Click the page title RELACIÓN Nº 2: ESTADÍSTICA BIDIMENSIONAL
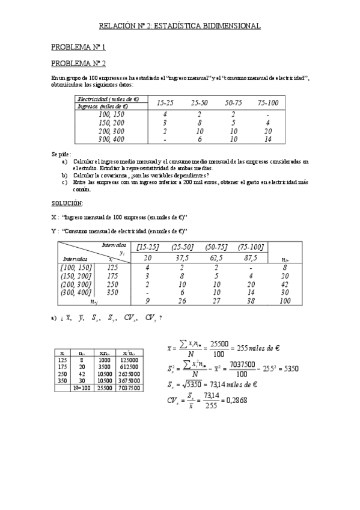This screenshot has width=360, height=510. tap(180, 26)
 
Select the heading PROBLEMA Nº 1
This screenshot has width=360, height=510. tap(78, 47)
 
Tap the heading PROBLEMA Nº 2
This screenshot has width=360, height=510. tap(78, 63)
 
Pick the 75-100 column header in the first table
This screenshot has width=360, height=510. tap(267, 103)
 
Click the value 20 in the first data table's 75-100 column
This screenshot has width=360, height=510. tap(267, 131)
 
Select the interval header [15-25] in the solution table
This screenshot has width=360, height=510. tap(148, 247)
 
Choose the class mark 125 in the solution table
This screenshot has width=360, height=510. tap(112, 267)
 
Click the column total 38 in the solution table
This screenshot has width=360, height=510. tap(251, 301)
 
